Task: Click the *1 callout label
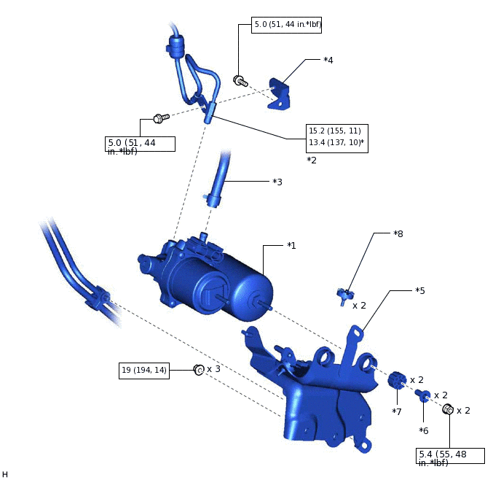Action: [x=291, y=246]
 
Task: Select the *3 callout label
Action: [x=277, y=182]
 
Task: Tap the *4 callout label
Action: [x=328, y=60]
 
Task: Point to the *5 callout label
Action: [x=420, y=290]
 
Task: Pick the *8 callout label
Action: [x=398, y=234]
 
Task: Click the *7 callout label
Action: [x=397, y=412]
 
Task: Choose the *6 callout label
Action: [x=423, y=430]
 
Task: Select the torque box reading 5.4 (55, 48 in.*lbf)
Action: [x=450, y=458]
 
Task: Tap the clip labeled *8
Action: [x=344, y=295]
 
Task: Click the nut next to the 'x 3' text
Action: [x=197, y=371]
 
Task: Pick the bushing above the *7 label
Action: [x=396, y=380]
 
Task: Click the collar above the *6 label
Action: [x=423, y=396]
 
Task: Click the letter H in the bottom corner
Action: [x=5, y=474]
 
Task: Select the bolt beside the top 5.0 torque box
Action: [x=240, y=81]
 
